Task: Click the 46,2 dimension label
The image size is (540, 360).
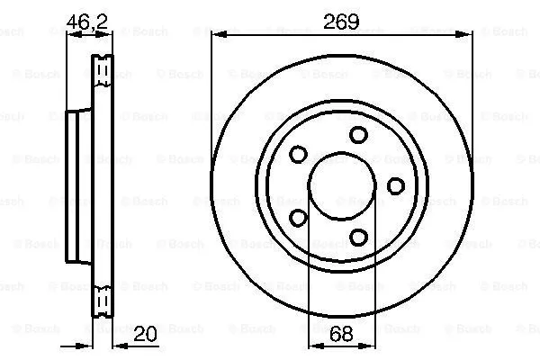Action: pos(86,21)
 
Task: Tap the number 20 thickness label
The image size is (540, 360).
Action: pos(143,334)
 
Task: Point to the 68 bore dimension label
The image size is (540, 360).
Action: pos(342,334)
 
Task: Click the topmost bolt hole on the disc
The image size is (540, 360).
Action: pos(358,135)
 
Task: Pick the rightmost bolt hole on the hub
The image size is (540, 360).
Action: pos(395,185)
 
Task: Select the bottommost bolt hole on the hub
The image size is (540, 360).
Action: pos(358,237)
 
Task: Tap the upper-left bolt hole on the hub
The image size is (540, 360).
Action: pos(298,154)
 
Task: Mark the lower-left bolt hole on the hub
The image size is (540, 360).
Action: pos(298,217)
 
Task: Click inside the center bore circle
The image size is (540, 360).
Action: pos(342,185)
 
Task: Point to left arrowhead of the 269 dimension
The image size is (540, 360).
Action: pos(216,35)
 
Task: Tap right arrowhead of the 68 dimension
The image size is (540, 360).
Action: pos(371,345)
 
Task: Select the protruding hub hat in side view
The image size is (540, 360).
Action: pos(79,184)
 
